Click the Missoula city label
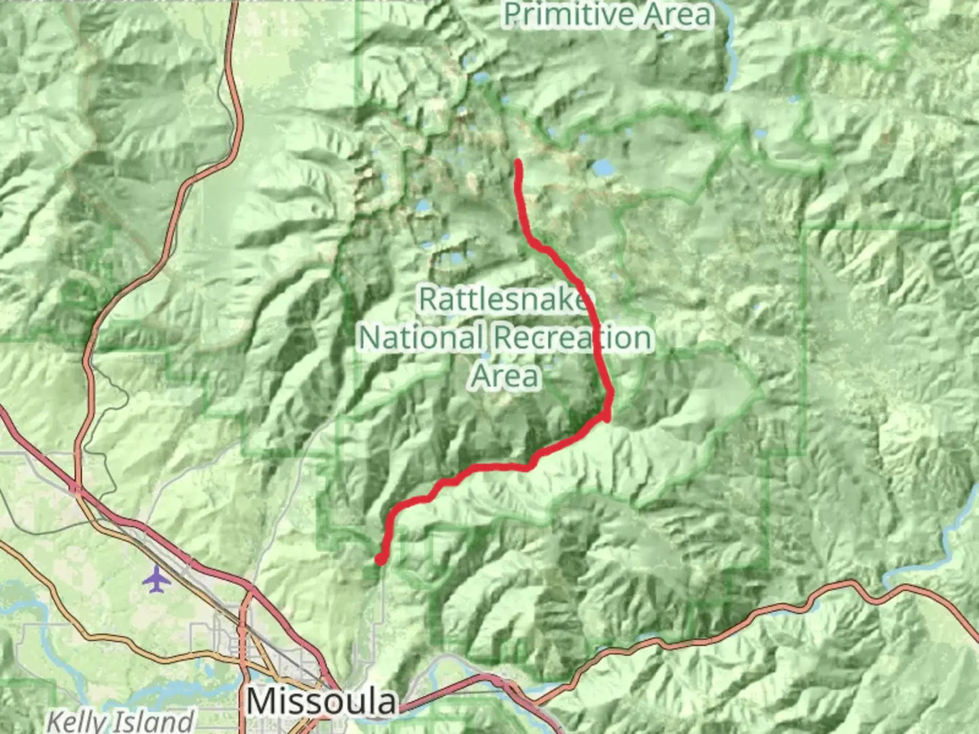[x=321, y=701]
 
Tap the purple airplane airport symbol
[x=156, y=580]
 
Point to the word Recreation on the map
[x=572, y=338]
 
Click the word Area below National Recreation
[x=506, y=376]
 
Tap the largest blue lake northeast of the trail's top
[x=602, y=167]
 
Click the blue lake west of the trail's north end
[x=423, y=205]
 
